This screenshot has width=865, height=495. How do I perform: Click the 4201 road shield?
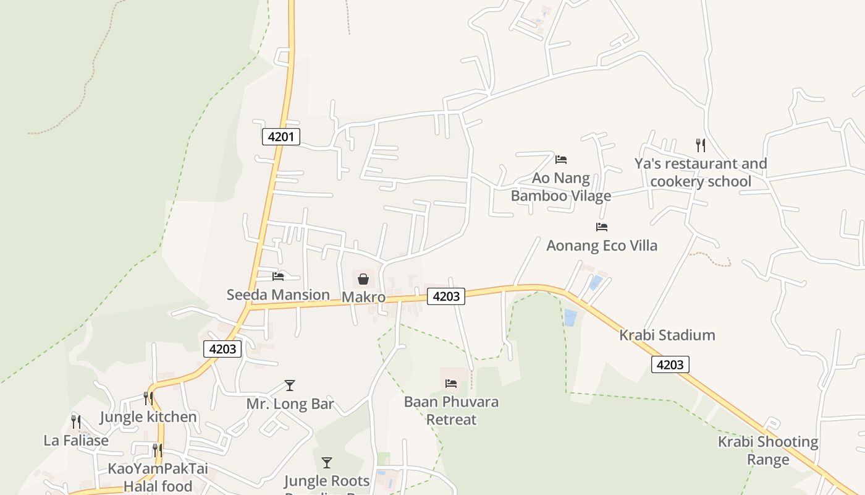(281, 137)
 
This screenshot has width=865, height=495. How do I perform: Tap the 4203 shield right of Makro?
(446, 296)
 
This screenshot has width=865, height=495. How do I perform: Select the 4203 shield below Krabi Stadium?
(670, 364)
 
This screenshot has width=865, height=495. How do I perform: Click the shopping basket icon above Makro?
(363, 279)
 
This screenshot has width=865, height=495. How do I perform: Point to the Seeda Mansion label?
(278, 295)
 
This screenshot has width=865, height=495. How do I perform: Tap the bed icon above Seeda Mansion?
(278, 276)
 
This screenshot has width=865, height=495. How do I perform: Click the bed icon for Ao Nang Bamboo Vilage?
(561, 160)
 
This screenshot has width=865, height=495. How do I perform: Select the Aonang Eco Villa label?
(602, 246)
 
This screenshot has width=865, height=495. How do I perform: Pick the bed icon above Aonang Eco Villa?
(602, 227)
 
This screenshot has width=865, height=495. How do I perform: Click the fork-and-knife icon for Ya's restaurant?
(700, 145)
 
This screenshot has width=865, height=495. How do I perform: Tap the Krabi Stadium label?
(667, 335)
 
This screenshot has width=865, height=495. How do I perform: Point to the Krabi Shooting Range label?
(768, 450)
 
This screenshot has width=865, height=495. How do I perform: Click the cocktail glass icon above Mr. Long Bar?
(290, 385)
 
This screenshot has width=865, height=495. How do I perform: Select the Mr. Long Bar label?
(290, 405)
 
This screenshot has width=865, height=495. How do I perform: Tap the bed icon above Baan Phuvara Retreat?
(451, 384)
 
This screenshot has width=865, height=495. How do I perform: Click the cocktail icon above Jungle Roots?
(327, 462)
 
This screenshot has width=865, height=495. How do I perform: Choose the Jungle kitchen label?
(148, 417)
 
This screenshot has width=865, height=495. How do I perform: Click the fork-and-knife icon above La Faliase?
(75, 421)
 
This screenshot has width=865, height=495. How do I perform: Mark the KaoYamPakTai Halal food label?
(158, 477)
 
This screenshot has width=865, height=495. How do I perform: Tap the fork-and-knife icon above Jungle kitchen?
(148, 398)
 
